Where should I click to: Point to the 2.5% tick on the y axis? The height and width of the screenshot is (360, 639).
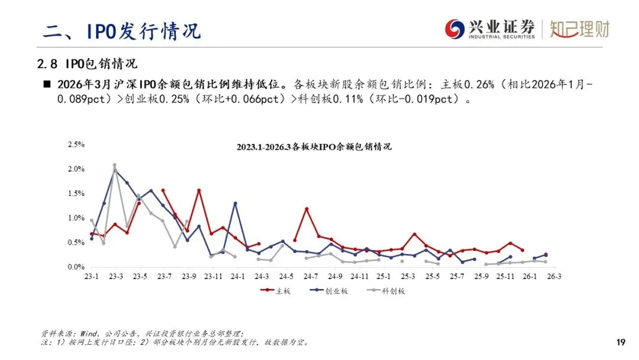(x=77, y=144)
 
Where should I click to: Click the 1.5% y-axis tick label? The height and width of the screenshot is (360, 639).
(x=77, y=194)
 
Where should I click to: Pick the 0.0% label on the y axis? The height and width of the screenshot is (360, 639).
(x=77, y=267)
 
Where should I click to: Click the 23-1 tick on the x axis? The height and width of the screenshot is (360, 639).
(x=92, y=277)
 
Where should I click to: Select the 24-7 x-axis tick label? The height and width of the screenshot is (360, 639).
(x=311, y=277)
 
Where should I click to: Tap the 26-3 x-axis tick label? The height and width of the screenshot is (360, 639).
(x=554, y=277)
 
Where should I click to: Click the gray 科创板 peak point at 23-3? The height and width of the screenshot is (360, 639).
(x=115, y=165)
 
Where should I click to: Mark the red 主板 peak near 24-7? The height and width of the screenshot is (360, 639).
(x=306, y=208)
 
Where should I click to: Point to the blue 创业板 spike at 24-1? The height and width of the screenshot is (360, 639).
(x=235, y=203)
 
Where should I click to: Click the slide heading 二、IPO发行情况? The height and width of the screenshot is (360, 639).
(x=121, y=30)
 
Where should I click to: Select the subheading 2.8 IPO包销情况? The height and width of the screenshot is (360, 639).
(x=86, y=63)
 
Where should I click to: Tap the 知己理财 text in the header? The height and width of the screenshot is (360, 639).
(x=579, y=29)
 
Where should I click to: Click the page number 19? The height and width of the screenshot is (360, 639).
(x=621, y=342)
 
